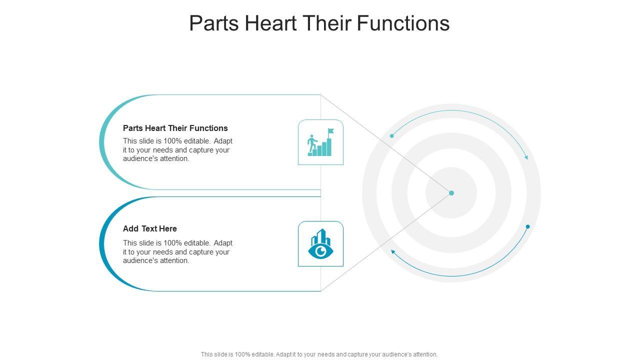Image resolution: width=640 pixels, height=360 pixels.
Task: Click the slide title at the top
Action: tap(319, 23)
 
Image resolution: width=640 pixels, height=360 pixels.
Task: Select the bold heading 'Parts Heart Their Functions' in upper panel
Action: tap(175, 128)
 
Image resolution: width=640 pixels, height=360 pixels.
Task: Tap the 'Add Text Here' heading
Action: tap(150, 228)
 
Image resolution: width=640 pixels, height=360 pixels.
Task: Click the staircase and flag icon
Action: tap(320, 142)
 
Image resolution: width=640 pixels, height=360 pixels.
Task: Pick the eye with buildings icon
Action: tap(320, 244)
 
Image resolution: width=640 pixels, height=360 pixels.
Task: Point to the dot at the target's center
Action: tap(451, 193)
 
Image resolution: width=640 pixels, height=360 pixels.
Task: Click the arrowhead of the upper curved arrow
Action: tap(526, 157)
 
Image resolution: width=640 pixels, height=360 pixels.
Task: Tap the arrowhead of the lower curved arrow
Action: tap(393, 251)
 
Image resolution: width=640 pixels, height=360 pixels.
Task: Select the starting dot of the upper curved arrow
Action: tap(392, 135)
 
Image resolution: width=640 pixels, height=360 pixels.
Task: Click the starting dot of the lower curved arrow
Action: tap(527, 226)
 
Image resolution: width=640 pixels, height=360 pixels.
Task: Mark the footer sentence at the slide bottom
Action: tap(319, 354)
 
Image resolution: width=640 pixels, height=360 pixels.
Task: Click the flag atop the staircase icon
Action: tap(330, 131)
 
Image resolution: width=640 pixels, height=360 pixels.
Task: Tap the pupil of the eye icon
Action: tap(321, 250)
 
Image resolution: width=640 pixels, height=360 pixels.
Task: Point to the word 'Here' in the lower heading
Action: tap(168, 228)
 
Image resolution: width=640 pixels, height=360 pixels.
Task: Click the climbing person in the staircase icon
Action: tap(311, 142)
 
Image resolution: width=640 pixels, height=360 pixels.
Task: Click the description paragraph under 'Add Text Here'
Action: tap(177, 251)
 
